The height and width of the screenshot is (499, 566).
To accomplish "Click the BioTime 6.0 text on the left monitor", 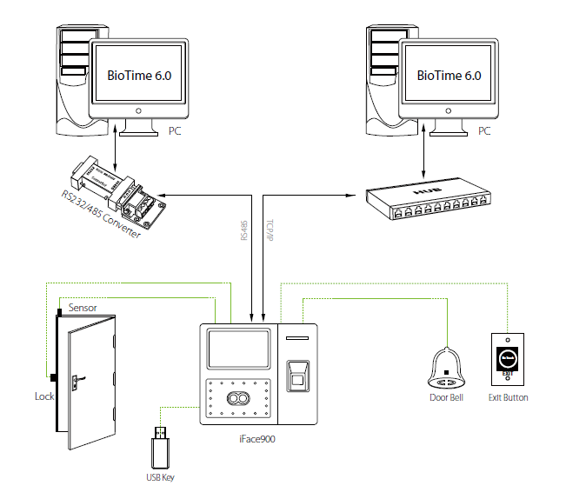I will point(139,76).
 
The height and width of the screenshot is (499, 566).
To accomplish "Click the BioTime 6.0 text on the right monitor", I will point(449,76).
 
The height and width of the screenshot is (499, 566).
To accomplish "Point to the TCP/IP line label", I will point(270,229).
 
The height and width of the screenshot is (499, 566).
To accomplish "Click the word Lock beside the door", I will point(44,396).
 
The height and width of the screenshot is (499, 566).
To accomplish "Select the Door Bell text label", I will point(449,398).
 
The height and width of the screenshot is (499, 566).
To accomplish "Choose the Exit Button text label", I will point(509,398).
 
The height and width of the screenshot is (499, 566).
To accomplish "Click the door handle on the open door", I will point(78,380).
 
